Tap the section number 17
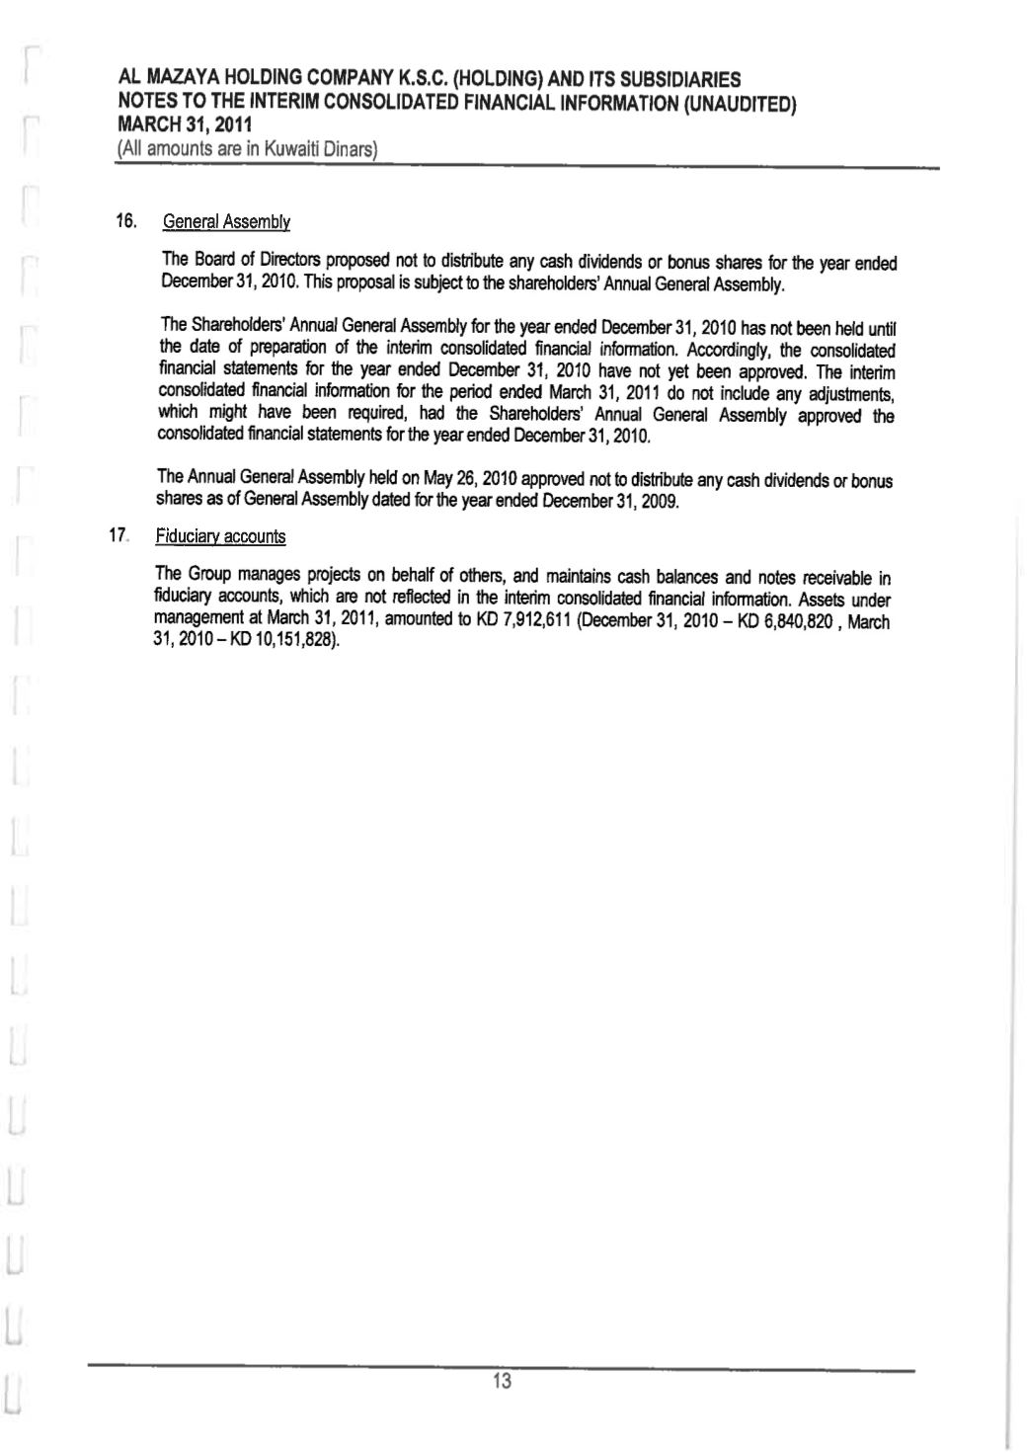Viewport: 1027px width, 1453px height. click(120, 535)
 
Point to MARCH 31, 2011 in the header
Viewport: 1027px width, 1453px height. click(184, 125)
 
